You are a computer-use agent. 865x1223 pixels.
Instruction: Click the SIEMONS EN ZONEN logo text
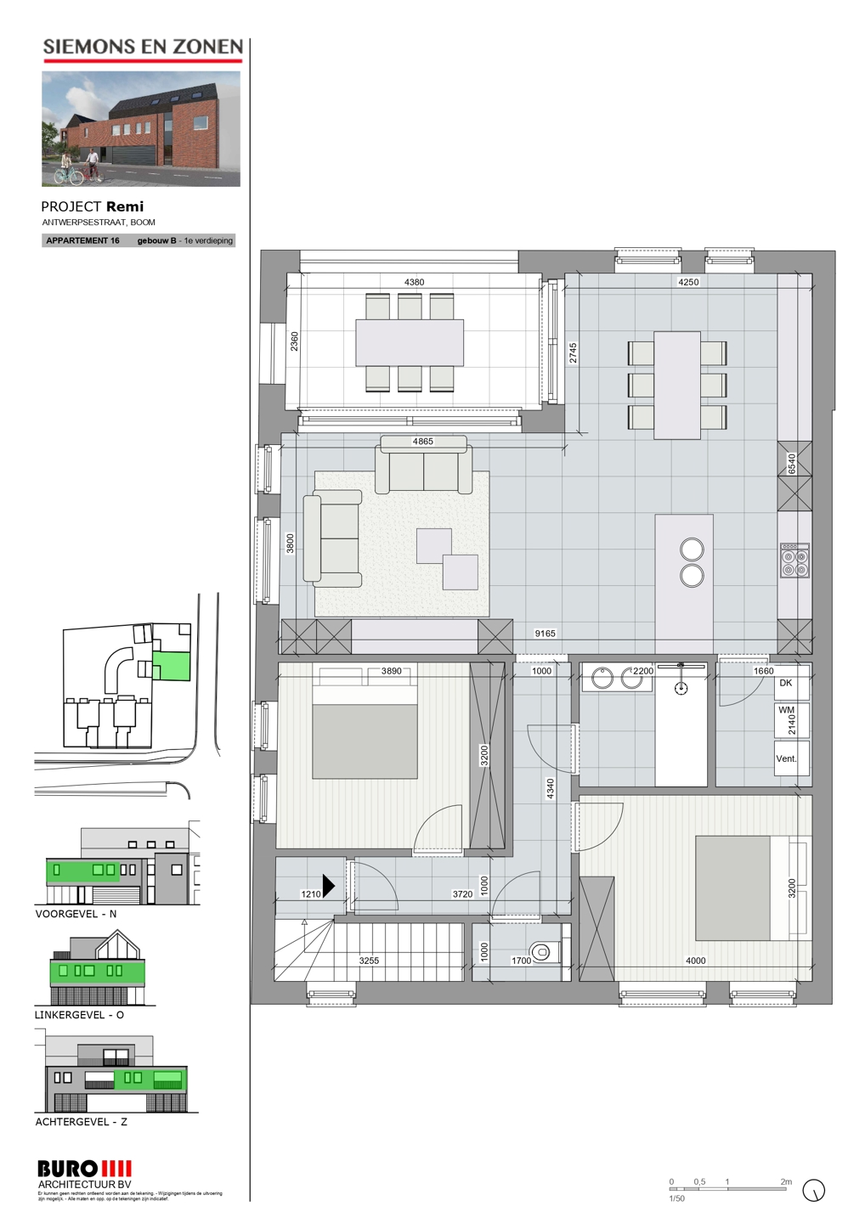coord(143,48)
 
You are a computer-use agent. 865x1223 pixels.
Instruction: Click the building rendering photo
coord(141,128)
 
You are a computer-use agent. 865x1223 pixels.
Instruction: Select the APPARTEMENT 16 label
coord(82,240)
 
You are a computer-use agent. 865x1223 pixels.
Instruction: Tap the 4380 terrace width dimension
coord(414,282)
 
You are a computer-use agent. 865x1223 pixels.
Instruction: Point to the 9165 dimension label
coord(545,634)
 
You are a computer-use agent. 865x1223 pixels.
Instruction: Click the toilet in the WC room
coord(540,951)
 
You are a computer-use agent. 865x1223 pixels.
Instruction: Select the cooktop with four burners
coord(794,561)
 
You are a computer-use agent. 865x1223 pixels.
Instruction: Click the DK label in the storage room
coord(786,683)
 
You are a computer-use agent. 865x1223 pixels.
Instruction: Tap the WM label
coord(786,710)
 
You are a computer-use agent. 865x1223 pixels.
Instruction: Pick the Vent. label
coord(786,758)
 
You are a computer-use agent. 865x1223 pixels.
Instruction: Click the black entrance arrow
coord(329,886)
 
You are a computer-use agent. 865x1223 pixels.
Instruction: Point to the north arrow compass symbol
coord(813,1191)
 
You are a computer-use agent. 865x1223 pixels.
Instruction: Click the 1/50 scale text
coord(676,1198)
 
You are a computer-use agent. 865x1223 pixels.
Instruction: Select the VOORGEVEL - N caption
coord(76,914)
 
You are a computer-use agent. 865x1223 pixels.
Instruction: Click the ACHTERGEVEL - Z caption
coord(81,1122)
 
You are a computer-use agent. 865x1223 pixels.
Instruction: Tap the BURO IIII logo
coord(84,1169)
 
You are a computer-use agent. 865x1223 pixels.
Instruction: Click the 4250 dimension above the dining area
coord(688,282)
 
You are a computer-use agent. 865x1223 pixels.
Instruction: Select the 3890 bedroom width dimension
coord(391,671)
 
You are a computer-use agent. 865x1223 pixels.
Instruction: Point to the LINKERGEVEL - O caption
coord(79,1015)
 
